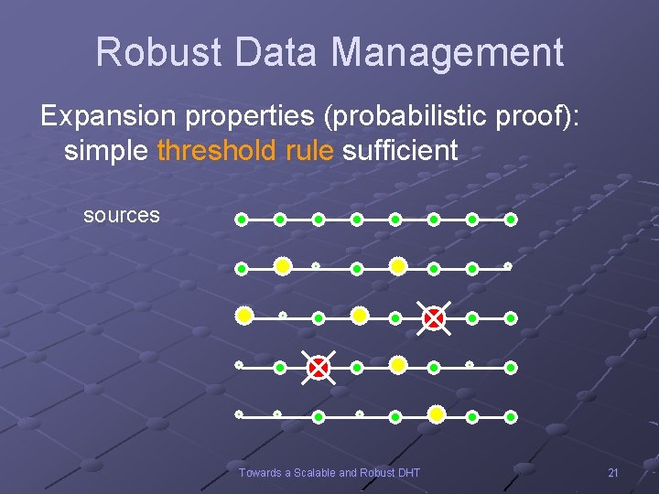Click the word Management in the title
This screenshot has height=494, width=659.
[448, 53]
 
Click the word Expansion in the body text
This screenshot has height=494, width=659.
[106, 116]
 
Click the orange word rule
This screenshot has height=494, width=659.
[309, 150]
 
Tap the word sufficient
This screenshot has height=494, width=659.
[400, 150]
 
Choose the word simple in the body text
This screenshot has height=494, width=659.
[105, 150]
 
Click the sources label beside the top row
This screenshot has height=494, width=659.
[122, 216]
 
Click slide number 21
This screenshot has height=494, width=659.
[613, 473]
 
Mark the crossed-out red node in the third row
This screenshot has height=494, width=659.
[434, 317]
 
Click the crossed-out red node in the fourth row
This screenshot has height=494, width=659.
[318, 367]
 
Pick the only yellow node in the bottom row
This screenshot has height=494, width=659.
[437, 414]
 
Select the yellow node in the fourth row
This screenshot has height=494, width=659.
[397, 365]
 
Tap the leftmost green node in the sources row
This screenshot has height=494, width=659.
[242, 220]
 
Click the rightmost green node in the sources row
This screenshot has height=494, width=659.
[511, 220]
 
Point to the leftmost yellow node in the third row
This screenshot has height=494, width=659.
[244, 316]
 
